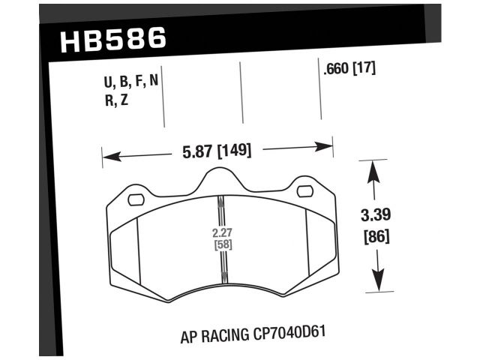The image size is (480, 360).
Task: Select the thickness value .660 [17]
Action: [348, 68]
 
